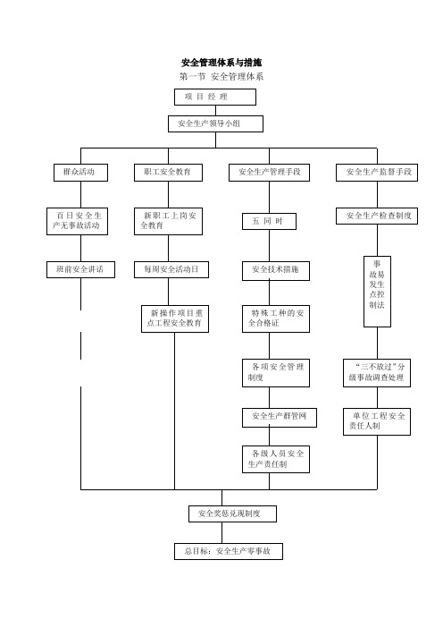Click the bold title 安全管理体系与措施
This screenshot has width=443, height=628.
pyautogui.click(x=221, y=63)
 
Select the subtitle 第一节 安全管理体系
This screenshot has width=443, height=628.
pyautogui.click(x=221, y=77)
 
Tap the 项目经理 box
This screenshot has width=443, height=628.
pyautogui.click(x=215, y=97)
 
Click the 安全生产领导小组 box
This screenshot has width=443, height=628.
pyautogui.click(x=215, y=123)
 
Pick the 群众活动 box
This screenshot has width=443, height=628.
pyautogui.click(x=80, y=173)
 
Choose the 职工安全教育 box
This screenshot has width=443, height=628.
pyautogui.click(x=168, y=173)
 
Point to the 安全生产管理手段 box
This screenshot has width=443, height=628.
pyautogui.click(x=269, y=173)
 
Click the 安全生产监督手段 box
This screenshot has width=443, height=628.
pyautogui.click(x=377, y=173)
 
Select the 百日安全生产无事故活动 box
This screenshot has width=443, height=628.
pyautogui.click(x=77, y=221)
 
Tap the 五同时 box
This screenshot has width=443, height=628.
pyautogui.click(x=269, y=221)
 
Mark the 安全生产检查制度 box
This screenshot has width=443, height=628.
pyautogui.click(x=377, y=216)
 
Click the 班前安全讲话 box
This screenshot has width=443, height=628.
pyautogui.click(x=80, y=269)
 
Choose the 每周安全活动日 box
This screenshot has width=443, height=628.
pyautogui.click(x=171, y=269)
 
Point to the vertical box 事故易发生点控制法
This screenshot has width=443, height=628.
pyautogui.click(x=378, y=292)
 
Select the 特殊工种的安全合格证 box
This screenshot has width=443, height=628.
pyautogui.click(x=276, y=318)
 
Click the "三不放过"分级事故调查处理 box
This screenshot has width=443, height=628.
pyautogui.click(x=377, y=373)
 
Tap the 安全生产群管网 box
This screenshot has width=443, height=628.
pyautogui.click(x=280, y=418)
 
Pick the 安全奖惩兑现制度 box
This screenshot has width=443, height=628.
pyautogui.click(x=233, y=513)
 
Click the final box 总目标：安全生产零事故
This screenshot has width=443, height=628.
pyautogui.click(x=229, y=551)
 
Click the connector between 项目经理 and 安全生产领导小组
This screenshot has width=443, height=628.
pyautogui.click(x=216, y=111)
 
